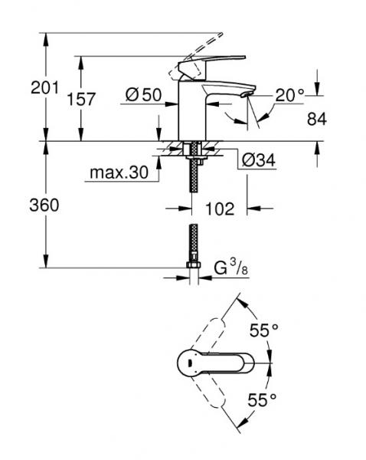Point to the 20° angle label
[290, 95]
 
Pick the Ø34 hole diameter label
[259, 162]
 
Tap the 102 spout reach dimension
[221, 208]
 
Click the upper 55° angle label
[264, 331]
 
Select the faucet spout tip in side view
[243, 94]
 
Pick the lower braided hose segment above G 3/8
[193, 242]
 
